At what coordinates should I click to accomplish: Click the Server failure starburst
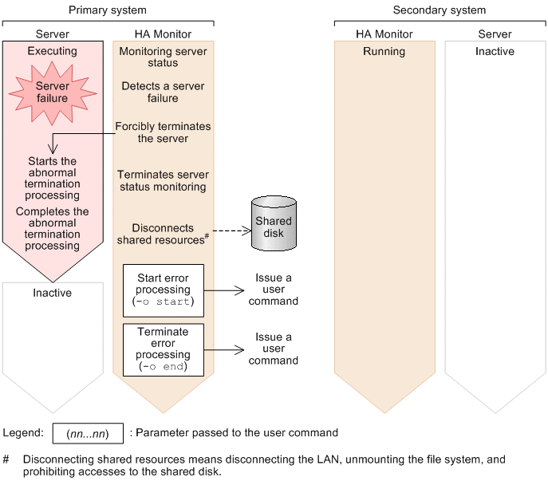52,93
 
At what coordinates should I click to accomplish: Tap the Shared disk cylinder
273,223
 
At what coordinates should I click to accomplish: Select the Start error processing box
164,290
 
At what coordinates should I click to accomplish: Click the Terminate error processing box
164,349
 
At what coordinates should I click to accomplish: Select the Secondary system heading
439,10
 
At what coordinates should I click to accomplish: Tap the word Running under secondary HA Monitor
384,52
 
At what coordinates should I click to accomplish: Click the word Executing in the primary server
53,51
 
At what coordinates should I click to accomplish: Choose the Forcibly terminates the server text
163,132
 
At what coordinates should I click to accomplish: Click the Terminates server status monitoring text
162,180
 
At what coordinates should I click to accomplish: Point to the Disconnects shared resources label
162,234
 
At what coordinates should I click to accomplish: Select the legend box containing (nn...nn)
88,434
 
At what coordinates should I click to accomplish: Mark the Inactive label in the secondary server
495,52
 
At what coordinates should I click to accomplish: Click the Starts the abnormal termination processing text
53,178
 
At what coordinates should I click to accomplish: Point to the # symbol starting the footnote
6,460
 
